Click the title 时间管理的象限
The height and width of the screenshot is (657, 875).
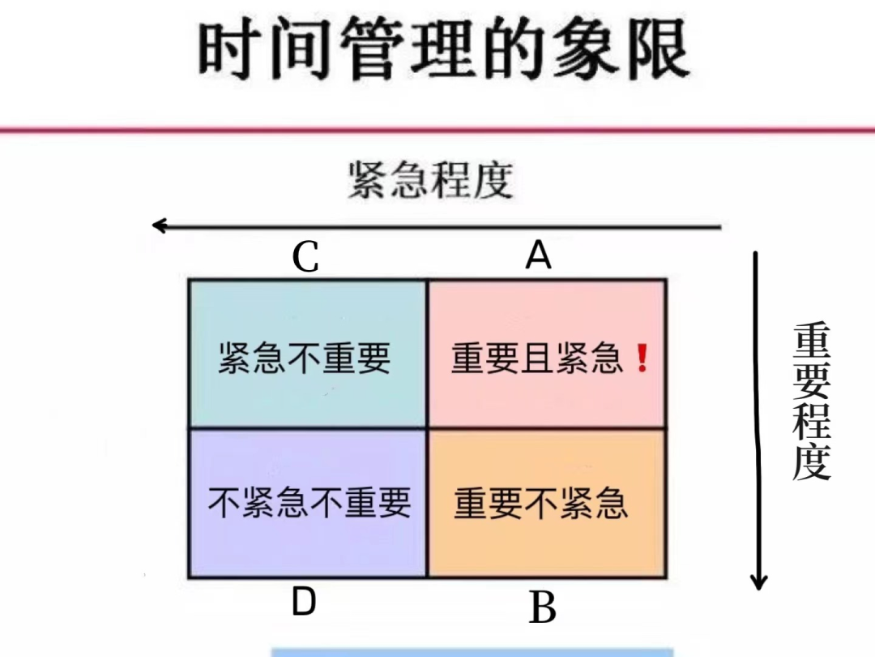click(442, 49)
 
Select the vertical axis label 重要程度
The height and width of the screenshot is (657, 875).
click(811, 401)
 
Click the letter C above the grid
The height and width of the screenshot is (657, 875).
click(305, 259)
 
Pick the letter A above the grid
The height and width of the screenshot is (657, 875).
click(538, 256)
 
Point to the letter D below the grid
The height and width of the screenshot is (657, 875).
click(303, 603)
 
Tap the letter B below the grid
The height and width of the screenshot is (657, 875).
click(542, 608)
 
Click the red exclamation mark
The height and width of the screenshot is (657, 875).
click(642, 358)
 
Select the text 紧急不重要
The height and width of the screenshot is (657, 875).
click(305, 358)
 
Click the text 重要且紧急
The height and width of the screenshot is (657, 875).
click(537, 359)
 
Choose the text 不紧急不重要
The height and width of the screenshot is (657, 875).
click(309, 503)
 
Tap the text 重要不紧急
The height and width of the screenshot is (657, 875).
click(541, 503)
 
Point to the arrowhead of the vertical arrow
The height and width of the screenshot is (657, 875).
click(758, 582)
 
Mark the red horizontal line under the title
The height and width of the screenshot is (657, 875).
click(437, 130)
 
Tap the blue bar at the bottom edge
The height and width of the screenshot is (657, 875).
click(472, 652)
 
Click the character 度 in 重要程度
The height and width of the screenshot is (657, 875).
click(811, 462)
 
